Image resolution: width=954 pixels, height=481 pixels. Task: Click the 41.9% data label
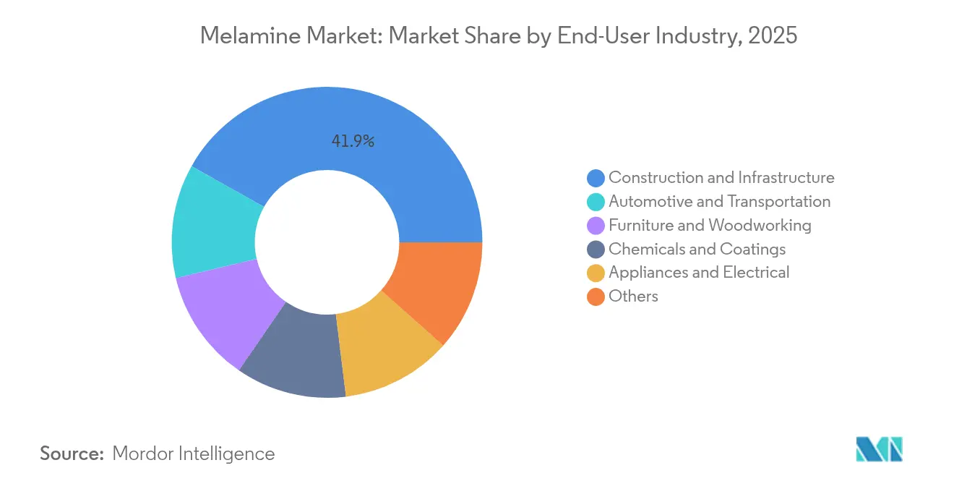pyautogui.click(x=353, y=142)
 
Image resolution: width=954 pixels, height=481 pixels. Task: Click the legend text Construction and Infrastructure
pyautogui.click(x=721, y=177)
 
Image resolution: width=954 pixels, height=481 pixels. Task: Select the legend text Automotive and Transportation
pyautogui.click(x=719, y=201)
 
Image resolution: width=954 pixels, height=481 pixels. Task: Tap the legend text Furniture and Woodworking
pyautogui.click(x=710, y=225)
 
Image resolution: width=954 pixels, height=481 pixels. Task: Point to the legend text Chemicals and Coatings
pyautogui.click(x=697, y=249)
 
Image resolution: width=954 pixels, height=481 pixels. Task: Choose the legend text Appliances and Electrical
pyautogui.click(x=699, y=272)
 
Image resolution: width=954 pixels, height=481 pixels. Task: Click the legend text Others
pyautogui.click(x=633, y=296)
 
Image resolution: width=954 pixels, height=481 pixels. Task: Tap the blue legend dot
pyautogui.click(x=596, y=178)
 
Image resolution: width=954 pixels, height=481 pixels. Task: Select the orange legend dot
pyautogui.click(x=596, y=297)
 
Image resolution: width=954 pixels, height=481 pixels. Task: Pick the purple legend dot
pyautogui.click(x=596, y=226)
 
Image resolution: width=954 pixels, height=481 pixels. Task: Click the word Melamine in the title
pyautogui.click(x=244, y=35)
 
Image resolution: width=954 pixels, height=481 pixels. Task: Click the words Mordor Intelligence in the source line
pyautogui.click(x=194, y=454)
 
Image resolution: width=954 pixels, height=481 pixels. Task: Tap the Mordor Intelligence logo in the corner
pyautogui.click(x=879, y=449)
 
